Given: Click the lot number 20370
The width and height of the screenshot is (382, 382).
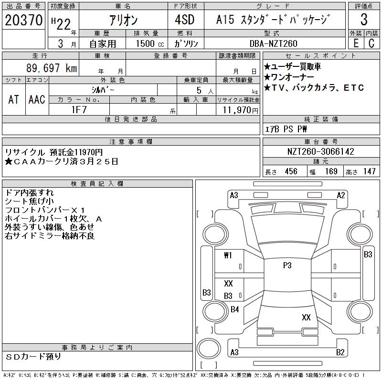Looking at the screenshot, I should click(23, 20).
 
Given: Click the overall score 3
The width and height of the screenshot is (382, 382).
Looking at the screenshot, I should click(364, 21).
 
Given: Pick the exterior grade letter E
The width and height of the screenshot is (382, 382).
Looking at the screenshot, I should click(356, 43).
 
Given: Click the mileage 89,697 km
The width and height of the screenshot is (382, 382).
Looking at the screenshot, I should click(52, 68).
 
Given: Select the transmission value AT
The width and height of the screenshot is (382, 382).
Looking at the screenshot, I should click(13, 99).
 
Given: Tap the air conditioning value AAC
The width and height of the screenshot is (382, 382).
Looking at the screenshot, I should click(37, 99).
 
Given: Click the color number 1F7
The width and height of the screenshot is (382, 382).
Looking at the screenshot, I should click(79, 109).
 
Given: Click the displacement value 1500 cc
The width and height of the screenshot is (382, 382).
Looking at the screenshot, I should click(149, 43).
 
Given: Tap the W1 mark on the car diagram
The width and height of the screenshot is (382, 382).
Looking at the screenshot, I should click(228, 255).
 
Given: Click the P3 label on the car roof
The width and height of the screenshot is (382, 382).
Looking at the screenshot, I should click(287, 265).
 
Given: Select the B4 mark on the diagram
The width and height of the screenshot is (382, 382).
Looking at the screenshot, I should click(234, 309).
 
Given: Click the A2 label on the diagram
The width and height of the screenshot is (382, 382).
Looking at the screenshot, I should click(340, 195).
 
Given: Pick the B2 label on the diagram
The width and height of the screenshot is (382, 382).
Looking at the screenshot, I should click(340, 352).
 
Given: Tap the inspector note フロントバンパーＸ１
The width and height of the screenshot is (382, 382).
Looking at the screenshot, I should click(45, 210).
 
